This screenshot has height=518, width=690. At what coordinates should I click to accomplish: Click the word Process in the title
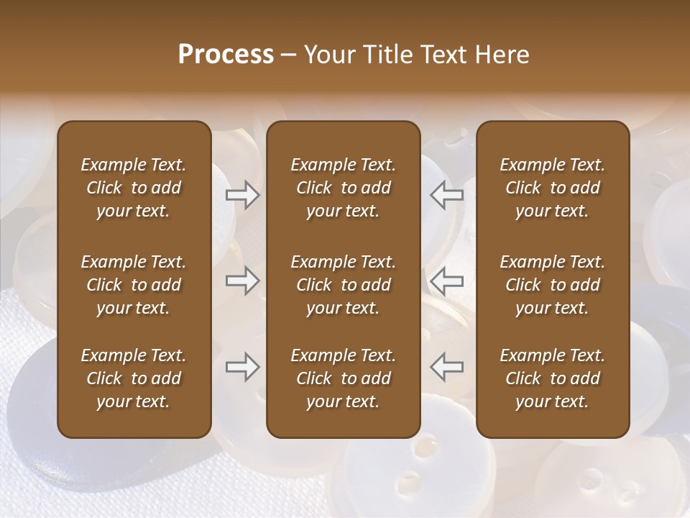[226, 55]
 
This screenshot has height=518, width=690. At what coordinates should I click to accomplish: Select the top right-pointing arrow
[243, 194]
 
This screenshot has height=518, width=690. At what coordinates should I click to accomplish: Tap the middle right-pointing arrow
[243, 280]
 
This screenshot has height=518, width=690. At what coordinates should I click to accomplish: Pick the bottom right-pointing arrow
[243, 367]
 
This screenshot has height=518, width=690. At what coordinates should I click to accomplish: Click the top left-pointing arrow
[446, 194]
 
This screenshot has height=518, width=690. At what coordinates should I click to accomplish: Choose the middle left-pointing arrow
[446, 280]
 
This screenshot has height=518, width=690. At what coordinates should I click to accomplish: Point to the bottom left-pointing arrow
[446, 367]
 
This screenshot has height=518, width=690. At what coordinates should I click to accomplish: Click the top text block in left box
[134, 188]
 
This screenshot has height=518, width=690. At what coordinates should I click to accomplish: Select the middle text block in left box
[134, 285]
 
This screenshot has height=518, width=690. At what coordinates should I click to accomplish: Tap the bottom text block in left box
[134, 378]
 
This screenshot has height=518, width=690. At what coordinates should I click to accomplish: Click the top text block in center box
[343, 188]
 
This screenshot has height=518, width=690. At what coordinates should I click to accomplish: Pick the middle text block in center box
[343, 285]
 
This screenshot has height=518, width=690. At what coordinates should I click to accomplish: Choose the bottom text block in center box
[343, 378]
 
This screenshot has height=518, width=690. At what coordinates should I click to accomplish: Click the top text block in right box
[552, 188]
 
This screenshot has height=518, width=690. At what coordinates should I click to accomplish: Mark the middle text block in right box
[552, 285]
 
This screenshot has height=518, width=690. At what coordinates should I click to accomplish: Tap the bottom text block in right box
[552, 378]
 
